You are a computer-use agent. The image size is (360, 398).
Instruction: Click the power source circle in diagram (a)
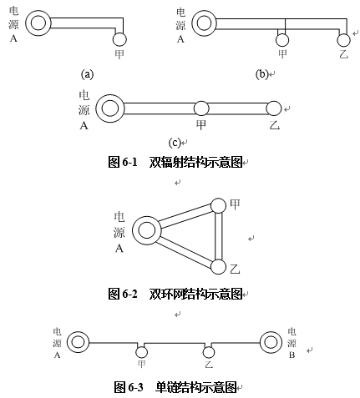point(26,23)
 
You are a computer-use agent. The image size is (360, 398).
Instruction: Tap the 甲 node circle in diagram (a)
point(119,39)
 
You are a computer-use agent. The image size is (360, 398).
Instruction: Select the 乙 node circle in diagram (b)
point(343,40)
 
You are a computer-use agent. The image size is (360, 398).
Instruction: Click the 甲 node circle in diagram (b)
point(282,40)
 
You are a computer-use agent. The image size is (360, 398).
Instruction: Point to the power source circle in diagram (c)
point(97,108)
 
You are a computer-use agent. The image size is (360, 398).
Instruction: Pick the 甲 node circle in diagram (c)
point(201,108)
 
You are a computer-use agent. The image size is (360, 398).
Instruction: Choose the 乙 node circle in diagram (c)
point(274,108)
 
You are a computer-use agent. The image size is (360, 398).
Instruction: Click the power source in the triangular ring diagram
point(133,230)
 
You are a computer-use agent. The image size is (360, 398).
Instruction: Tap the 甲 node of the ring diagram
point(218,205)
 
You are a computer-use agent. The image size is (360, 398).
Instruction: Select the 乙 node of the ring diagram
point(218,267)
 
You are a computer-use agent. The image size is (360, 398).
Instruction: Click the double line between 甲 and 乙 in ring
point(219,236)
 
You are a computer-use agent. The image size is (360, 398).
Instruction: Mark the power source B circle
point(261,342)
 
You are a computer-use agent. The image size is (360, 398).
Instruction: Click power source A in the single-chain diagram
point(68,342)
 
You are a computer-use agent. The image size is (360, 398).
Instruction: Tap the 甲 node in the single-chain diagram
point(141,352)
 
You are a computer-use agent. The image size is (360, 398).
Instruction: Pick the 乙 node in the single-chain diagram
point(209,352)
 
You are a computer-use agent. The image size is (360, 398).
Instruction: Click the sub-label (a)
point(87,74)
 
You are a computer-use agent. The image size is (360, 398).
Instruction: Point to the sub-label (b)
point(261,74)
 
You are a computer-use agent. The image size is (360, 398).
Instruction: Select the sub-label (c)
point(175,143)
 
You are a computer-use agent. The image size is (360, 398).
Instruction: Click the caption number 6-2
point(130,294)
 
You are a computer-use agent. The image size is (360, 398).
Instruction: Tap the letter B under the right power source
point(292,355)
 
